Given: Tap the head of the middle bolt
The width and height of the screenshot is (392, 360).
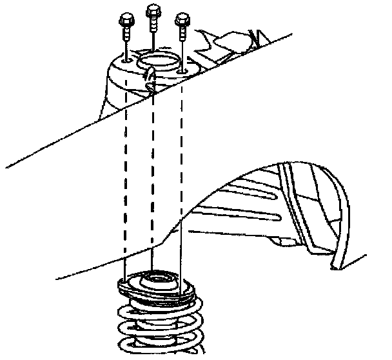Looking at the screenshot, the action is click(153, 10).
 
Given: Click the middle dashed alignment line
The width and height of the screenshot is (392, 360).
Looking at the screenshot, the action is click(153, 181).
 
